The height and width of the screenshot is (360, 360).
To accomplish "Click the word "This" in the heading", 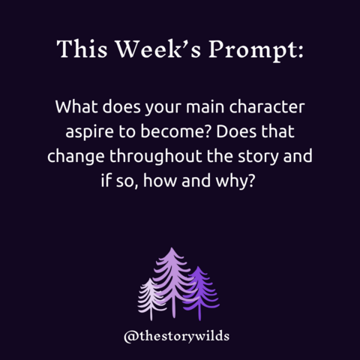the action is tap(82, 49).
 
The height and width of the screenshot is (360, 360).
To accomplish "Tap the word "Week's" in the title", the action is tap(158, 49).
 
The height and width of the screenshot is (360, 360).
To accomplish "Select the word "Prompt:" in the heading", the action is tap(256, 50).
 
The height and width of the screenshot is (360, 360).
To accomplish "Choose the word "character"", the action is tap(267, 106).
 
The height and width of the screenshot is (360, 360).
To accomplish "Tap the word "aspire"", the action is tap(89, 133).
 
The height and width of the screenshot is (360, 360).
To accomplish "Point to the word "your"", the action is tap(163, 108).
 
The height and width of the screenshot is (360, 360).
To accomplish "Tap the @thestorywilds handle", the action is tap(176, 336).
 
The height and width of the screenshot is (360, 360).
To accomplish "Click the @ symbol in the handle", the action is tap(131, 337).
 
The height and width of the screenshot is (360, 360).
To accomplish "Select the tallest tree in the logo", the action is tap(172, 283).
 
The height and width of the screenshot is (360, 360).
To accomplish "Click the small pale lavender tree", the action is tap(151, 298).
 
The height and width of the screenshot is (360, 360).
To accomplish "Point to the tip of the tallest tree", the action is tap(172, 247).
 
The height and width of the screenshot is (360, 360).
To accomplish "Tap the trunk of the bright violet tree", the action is tap(199, 314).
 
